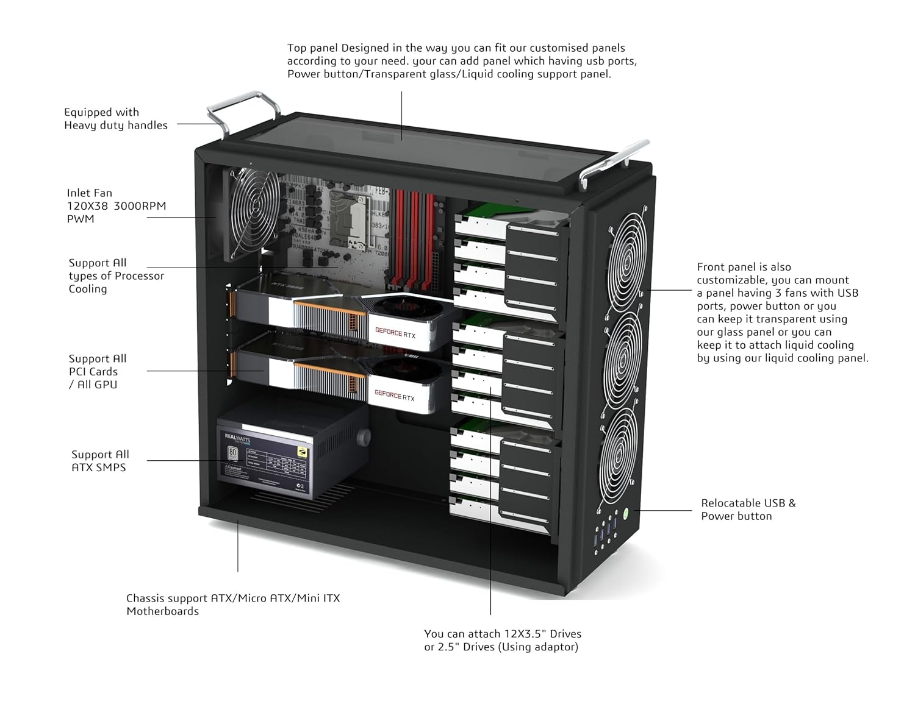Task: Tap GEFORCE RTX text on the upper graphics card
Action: (395, 333)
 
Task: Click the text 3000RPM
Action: (140, 206)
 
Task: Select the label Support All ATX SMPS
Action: (100, 461)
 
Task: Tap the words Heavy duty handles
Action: (116, 126)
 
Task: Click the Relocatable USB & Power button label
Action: (748, 510)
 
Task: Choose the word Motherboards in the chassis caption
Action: (162, 611)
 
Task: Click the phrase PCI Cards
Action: (93, 372)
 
